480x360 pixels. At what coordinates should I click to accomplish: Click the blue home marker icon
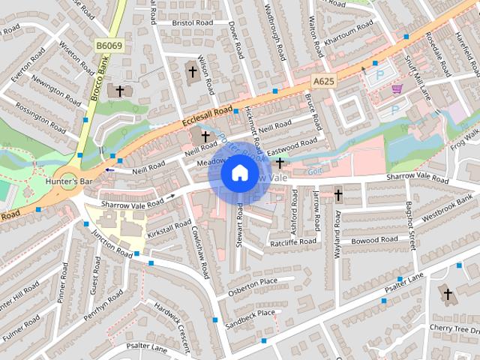pyautogui.click(x=239, y=173)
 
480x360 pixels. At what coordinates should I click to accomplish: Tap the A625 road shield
pyautogui.click(x=324, y=80)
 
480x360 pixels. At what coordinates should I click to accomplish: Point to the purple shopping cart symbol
pyautogui.click(x=396, y=89)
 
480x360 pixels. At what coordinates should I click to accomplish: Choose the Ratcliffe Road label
pyautogui.click(x=293, y=242)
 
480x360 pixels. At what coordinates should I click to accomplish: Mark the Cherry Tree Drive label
pyautogui.click(x=454, y=328)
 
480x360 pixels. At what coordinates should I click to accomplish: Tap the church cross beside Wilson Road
pyautogui.click(x=192, y=72)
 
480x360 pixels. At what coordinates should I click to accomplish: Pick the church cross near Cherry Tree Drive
pyautogui.click(x=448, y=294)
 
